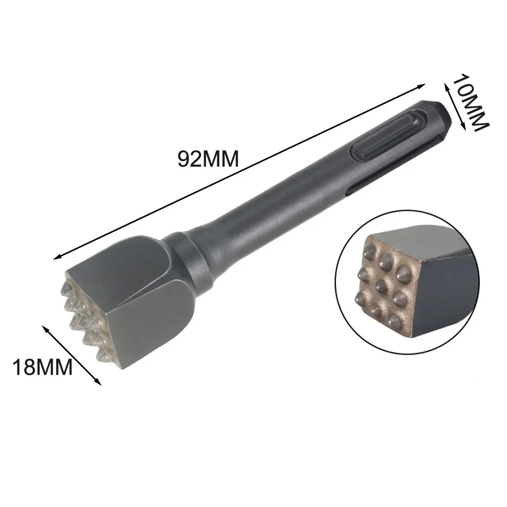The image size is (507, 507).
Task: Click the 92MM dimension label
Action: (208, 159)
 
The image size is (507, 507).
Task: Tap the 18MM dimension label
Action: (43, 367)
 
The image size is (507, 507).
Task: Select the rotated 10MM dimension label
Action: (471, 102)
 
